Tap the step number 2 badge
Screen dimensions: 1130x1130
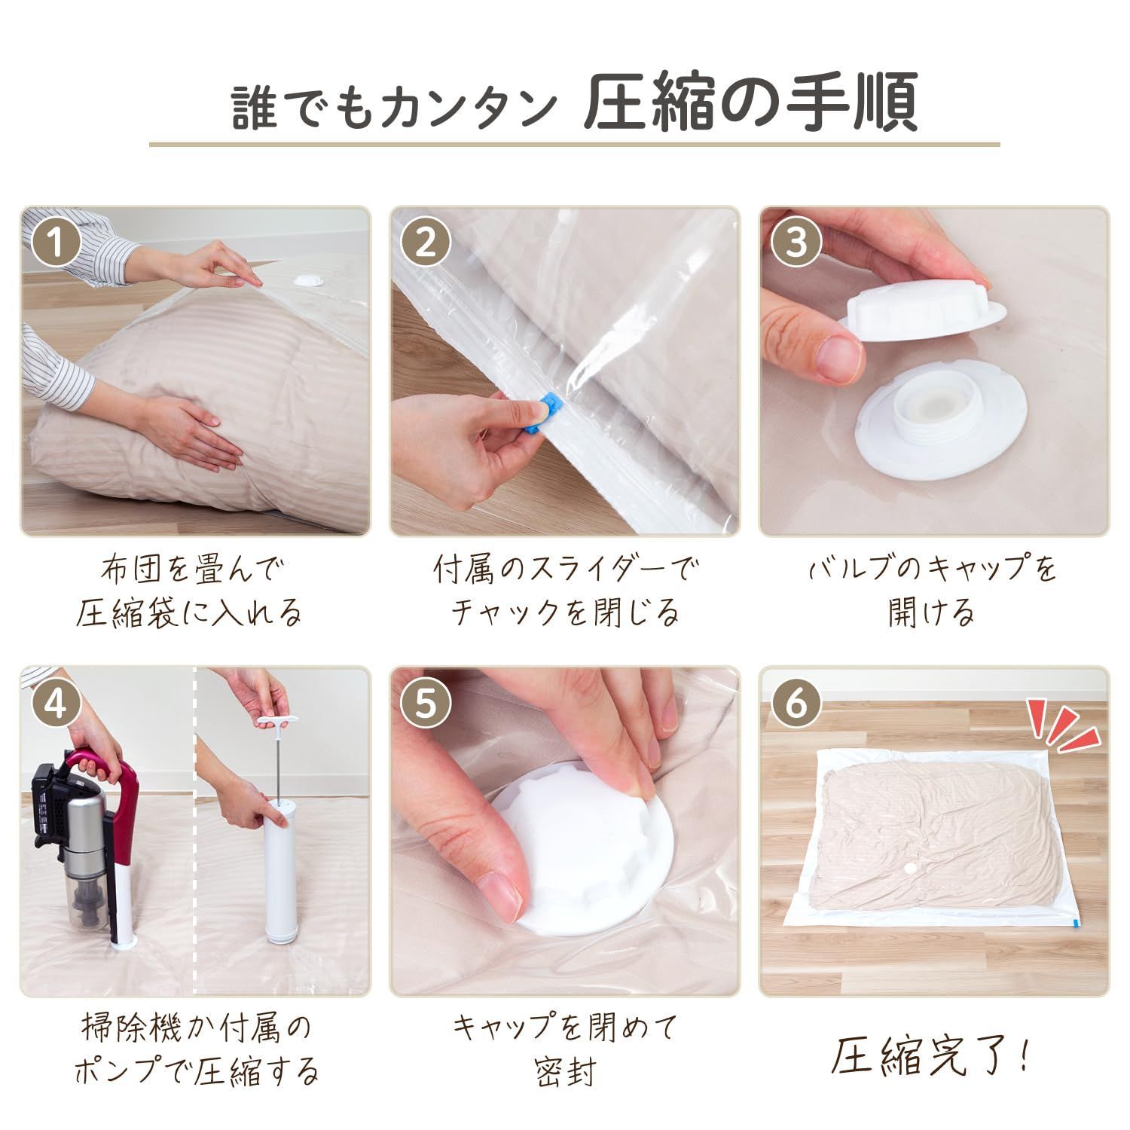tap(426, 242)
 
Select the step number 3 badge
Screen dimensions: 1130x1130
tap(796, 242)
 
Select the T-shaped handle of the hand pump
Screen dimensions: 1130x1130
tap(274, 721)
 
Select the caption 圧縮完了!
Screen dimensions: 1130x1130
tap(929, 1057)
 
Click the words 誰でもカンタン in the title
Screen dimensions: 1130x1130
tap(391, 105)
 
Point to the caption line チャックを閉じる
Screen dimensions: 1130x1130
tap(566, 612)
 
